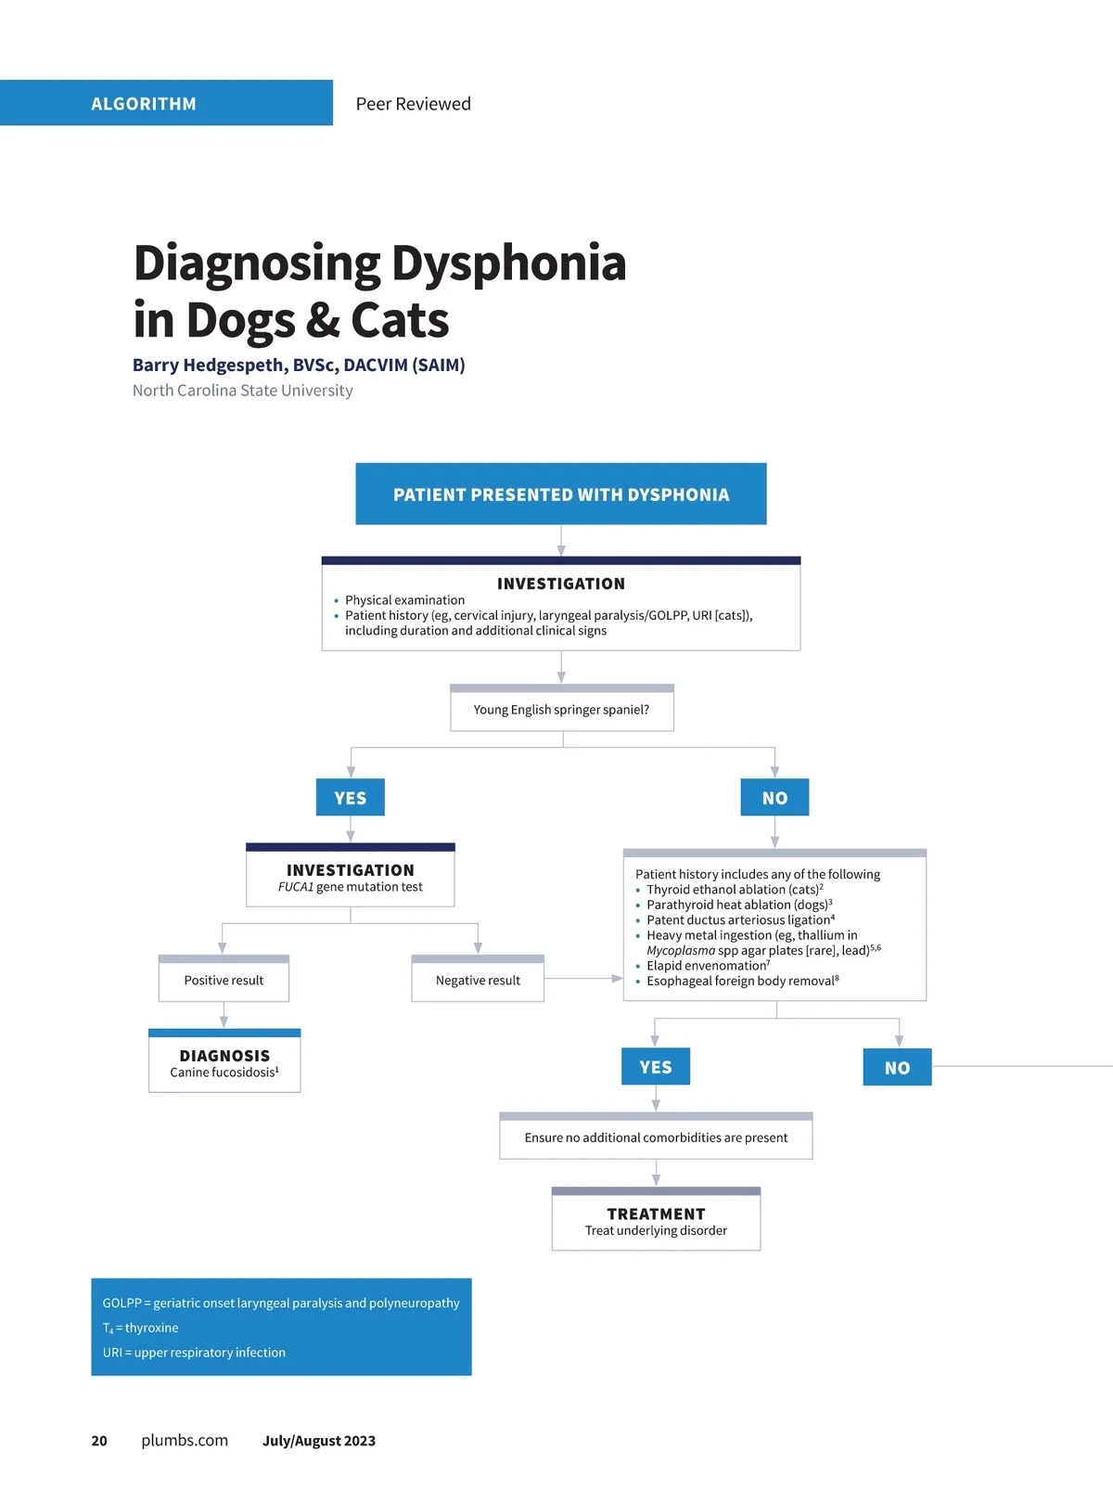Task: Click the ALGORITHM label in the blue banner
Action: click(144, 104)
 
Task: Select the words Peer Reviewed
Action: click(413, 104)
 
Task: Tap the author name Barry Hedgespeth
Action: click(210, 366)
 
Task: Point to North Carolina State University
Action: click(242, 391)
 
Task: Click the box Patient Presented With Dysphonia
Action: click(560, 495)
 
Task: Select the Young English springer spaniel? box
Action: click(561, 710)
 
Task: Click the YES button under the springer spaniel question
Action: click(350, 798)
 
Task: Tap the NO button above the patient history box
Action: click(774, 798)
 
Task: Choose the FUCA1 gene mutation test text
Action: click(350, 887)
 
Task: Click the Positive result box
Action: click(224, 981)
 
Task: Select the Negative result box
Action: click(478, 981)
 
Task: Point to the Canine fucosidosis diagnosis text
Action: click(224, 1073)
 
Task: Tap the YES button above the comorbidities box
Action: click(656, 1067)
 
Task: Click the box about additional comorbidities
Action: click(656, 1138)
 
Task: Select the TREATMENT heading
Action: click(656, 1214)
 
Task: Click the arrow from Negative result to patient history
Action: click(584, 978)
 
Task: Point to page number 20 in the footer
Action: click(99, 1441)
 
